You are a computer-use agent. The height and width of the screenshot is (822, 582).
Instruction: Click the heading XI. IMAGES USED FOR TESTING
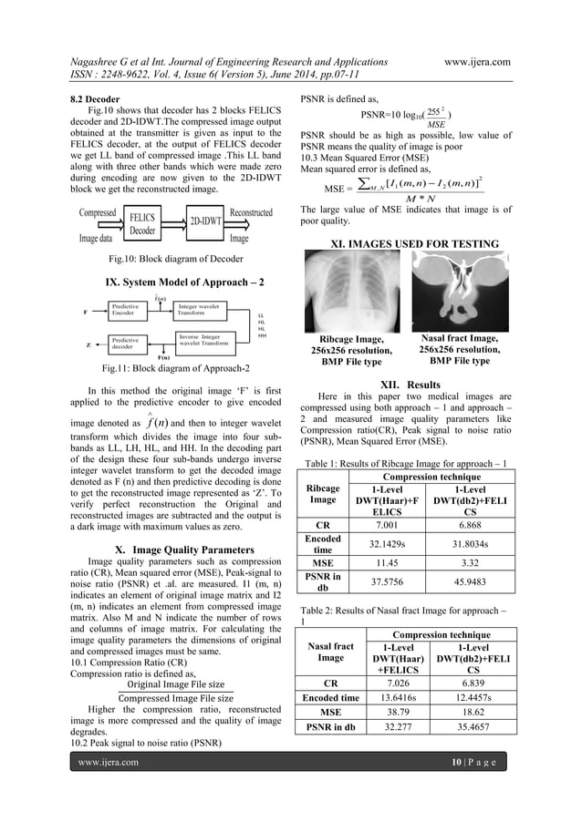tap(405, 243)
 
